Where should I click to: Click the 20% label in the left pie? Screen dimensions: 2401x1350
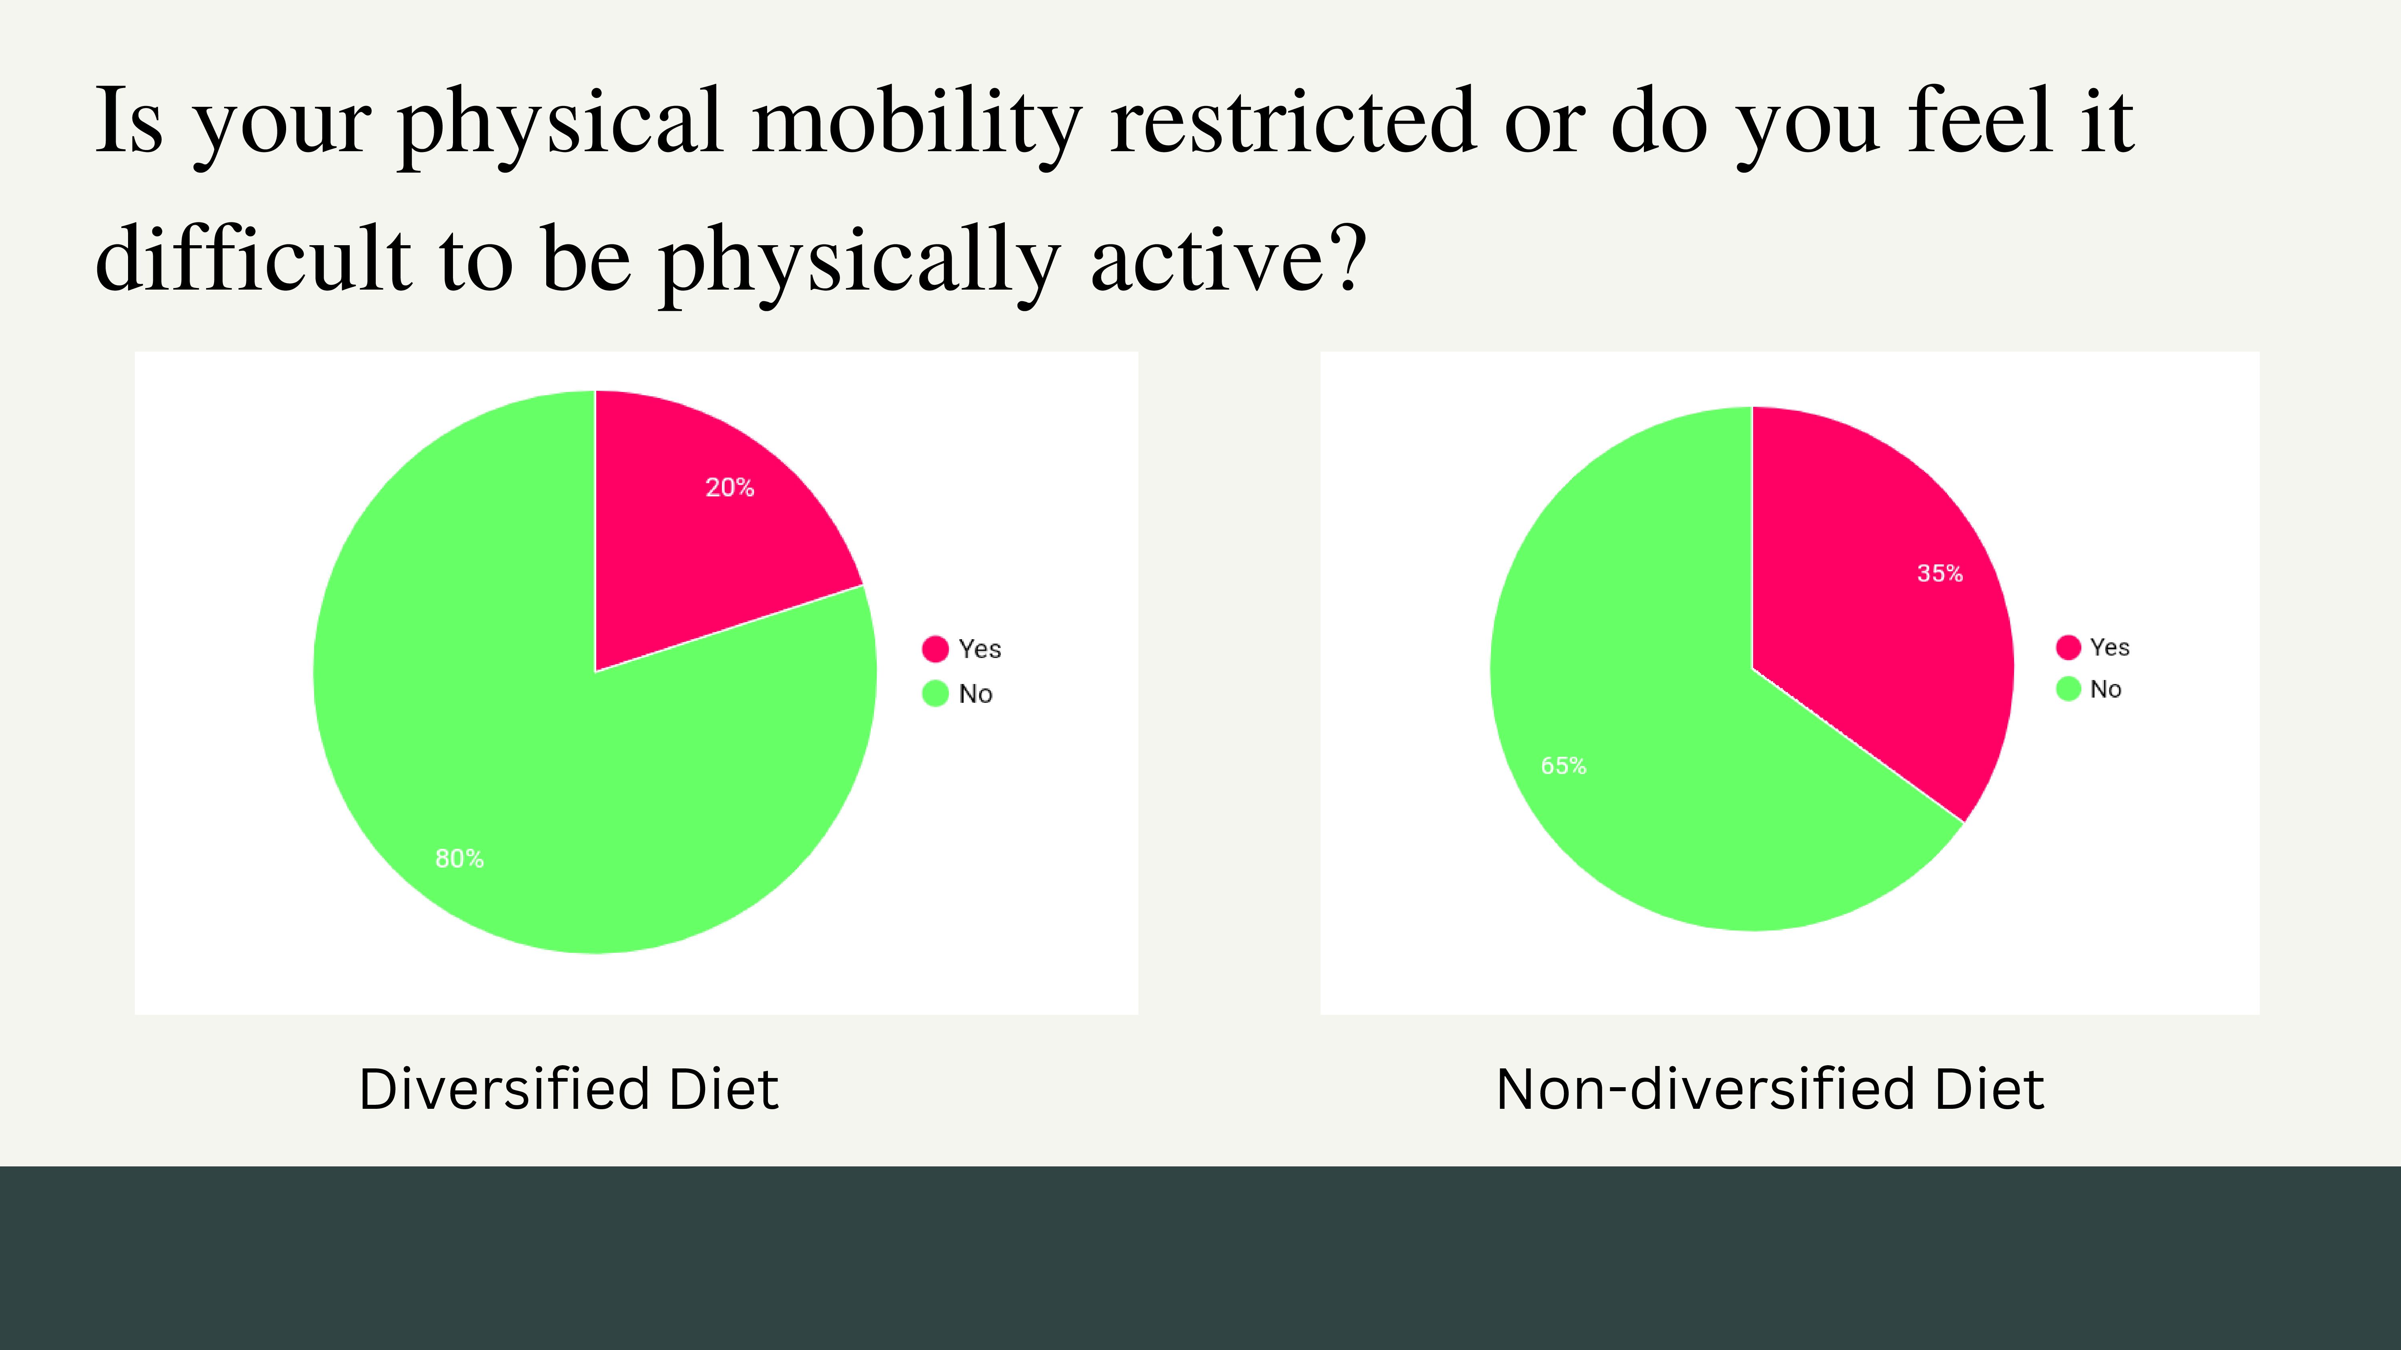[x=730, y=487]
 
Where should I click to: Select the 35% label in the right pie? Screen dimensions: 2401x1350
[x=1940, y=573]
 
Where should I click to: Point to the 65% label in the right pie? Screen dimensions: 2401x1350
[x=1563, y=766]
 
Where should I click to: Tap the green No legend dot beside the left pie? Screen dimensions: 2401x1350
[x=935, y=693]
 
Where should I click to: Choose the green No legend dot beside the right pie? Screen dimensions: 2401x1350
[x=2068, y=688]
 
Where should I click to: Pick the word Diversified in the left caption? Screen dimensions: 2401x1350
[x=503, y=1089]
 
